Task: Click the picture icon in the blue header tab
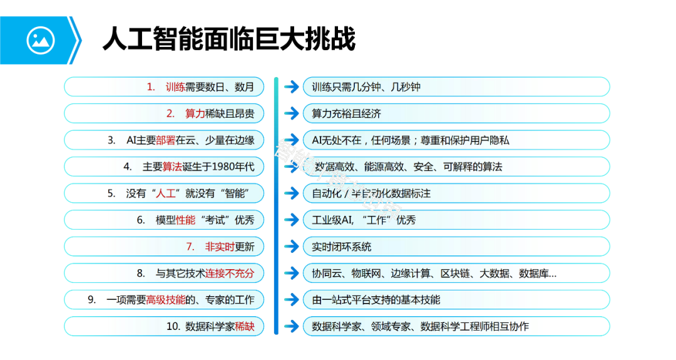(x=41, y=41)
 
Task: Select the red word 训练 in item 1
(x=175, y=87)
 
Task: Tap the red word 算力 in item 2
(x=195, y=114)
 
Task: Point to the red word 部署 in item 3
(x=166, y=140)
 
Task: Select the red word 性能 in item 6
(x=186, y=220)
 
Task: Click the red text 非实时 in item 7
(x=220, y=247)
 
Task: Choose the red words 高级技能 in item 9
(x=166, y=300)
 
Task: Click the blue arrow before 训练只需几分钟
(x=291, y=87)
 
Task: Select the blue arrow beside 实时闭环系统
(x=291, y=247)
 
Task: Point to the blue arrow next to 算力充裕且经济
(x=291, y=114)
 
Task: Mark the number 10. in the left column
(x=173, y=327)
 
